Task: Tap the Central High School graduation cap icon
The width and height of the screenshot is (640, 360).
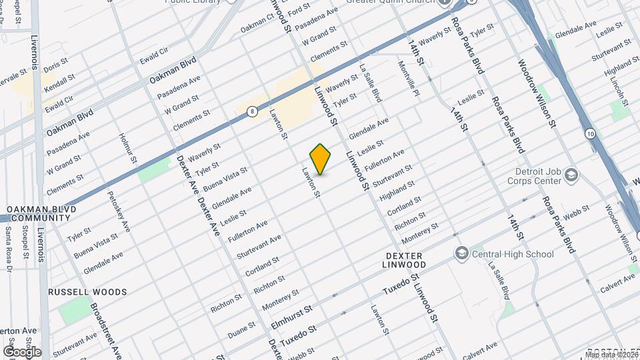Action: click(x=461, y=253)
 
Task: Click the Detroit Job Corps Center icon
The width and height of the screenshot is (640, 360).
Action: click(x=571, y=175)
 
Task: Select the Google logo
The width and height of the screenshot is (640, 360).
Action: click(x=22, y=351)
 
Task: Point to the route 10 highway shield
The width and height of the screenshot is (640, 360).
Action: click(x=591, y=135)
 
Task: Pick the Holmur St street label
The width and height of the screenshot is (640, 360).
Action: click(x=128, y=148)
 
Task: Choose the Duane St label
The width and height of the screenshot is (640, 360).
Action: click(x=242, y=329)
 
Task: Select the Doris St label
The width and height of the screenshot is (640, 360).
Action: click(x=56, y=67)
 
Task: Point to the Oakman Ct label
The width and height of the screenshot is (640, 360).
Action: click(x=257, y=25)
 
